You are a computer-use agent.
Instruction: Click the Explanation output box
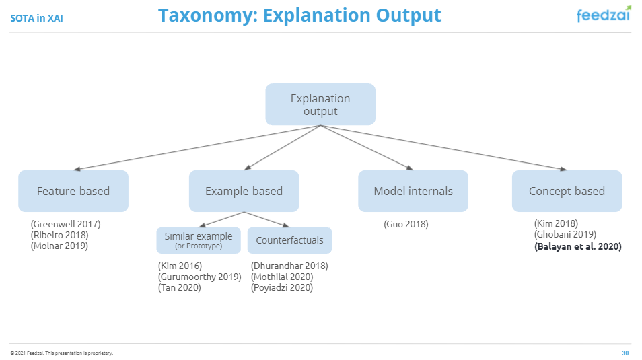point(320,104)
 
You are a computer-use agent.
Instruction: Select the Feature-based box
point(73,191)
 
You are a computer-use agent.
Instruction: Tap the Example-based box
point(244,191)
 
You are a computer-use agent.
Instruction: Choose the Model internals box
point(413,191)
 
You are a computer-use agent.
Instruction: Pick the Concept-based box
point(567,191)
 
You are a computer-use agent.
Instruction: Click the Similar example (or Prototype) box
point(199,240)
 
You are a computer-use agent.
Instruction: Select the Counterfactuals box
point(289,240)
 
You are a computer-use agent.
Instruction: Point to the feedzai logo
point(604,15)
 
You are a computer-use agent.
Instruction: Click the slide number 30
point(625,353)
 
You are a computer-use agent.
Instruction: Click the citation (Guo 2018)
point(406,224)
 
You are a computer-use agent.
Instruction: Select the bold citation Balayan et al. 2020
point(577,247)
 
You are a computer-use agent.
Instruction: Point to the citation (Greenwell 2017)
point(65,224)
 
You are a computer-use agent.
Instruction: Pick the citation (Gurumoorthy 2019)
point(199,277)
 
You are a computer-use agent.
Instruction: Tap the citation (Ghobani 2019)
point(565,235)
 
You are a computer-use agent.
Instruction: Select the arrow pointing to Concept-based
point(444,147)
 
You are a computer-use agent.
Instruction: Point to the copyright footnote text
point(61,353)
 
